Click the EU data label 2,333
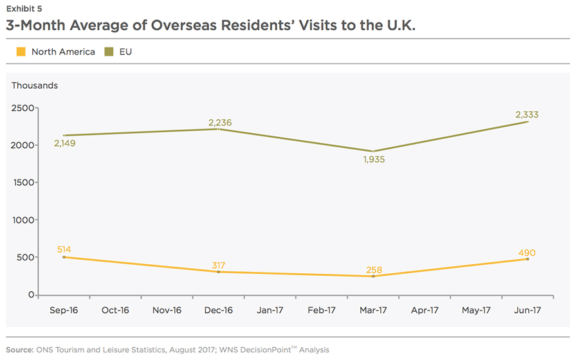point(527,115)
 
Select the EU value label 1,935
point(373,159)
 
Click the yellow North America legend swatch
point(21,51)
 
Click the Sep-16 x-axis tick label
point(64,310)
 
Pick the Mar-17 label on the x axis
point(373,310)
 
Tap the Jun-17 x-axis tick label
point(528,310)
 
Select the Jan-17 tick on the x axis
point(270,310)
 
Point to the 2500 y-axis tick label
point(23,108)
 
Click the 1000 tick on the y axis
point(23,221)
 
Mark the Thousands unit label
point(35,85)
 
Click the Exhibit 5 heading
point(28,9)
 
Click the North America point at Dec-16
point(219,272)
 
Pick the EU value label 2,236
point(219,123)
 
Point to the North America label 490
point(527,253)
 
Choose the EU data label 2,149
point(64,143)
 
